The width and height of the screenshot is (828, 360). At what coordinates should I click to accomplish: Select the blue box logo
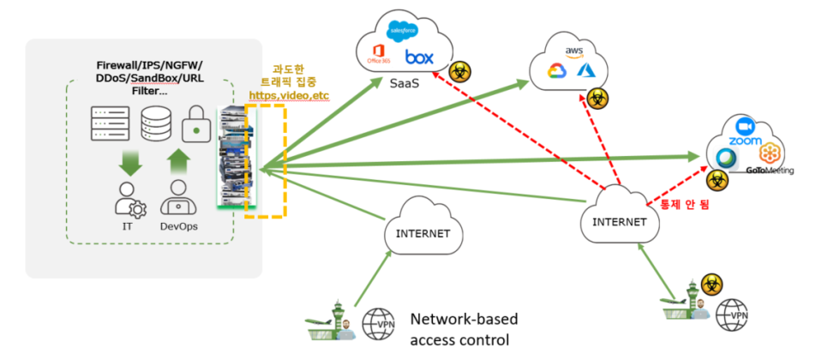(419, 58)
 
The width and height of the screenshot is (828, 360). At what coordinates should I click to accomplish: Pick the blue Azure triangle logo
(585, 71)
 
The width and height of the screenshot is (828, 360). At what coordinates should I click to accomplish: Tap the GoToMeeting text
(770, 170)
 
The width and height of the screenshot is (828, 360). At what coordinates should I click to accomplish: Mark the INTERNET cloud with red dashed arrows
(620, 221)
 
